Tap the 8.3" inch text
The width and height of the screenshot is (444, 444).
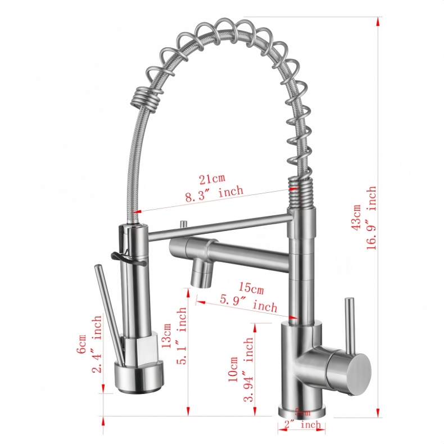coord(214,192)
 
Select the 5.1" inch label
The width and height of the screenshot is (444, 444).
coord(181,336)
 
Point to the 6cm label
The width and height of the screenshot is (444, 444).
coord(83,344)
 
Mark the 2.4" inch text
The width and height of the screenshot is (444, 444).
coord(97,344)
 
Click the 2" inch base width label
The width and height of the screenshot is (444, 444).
coord(302,425)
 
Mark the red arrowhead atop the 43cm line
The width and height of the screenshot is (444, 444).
coord(378,21)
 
